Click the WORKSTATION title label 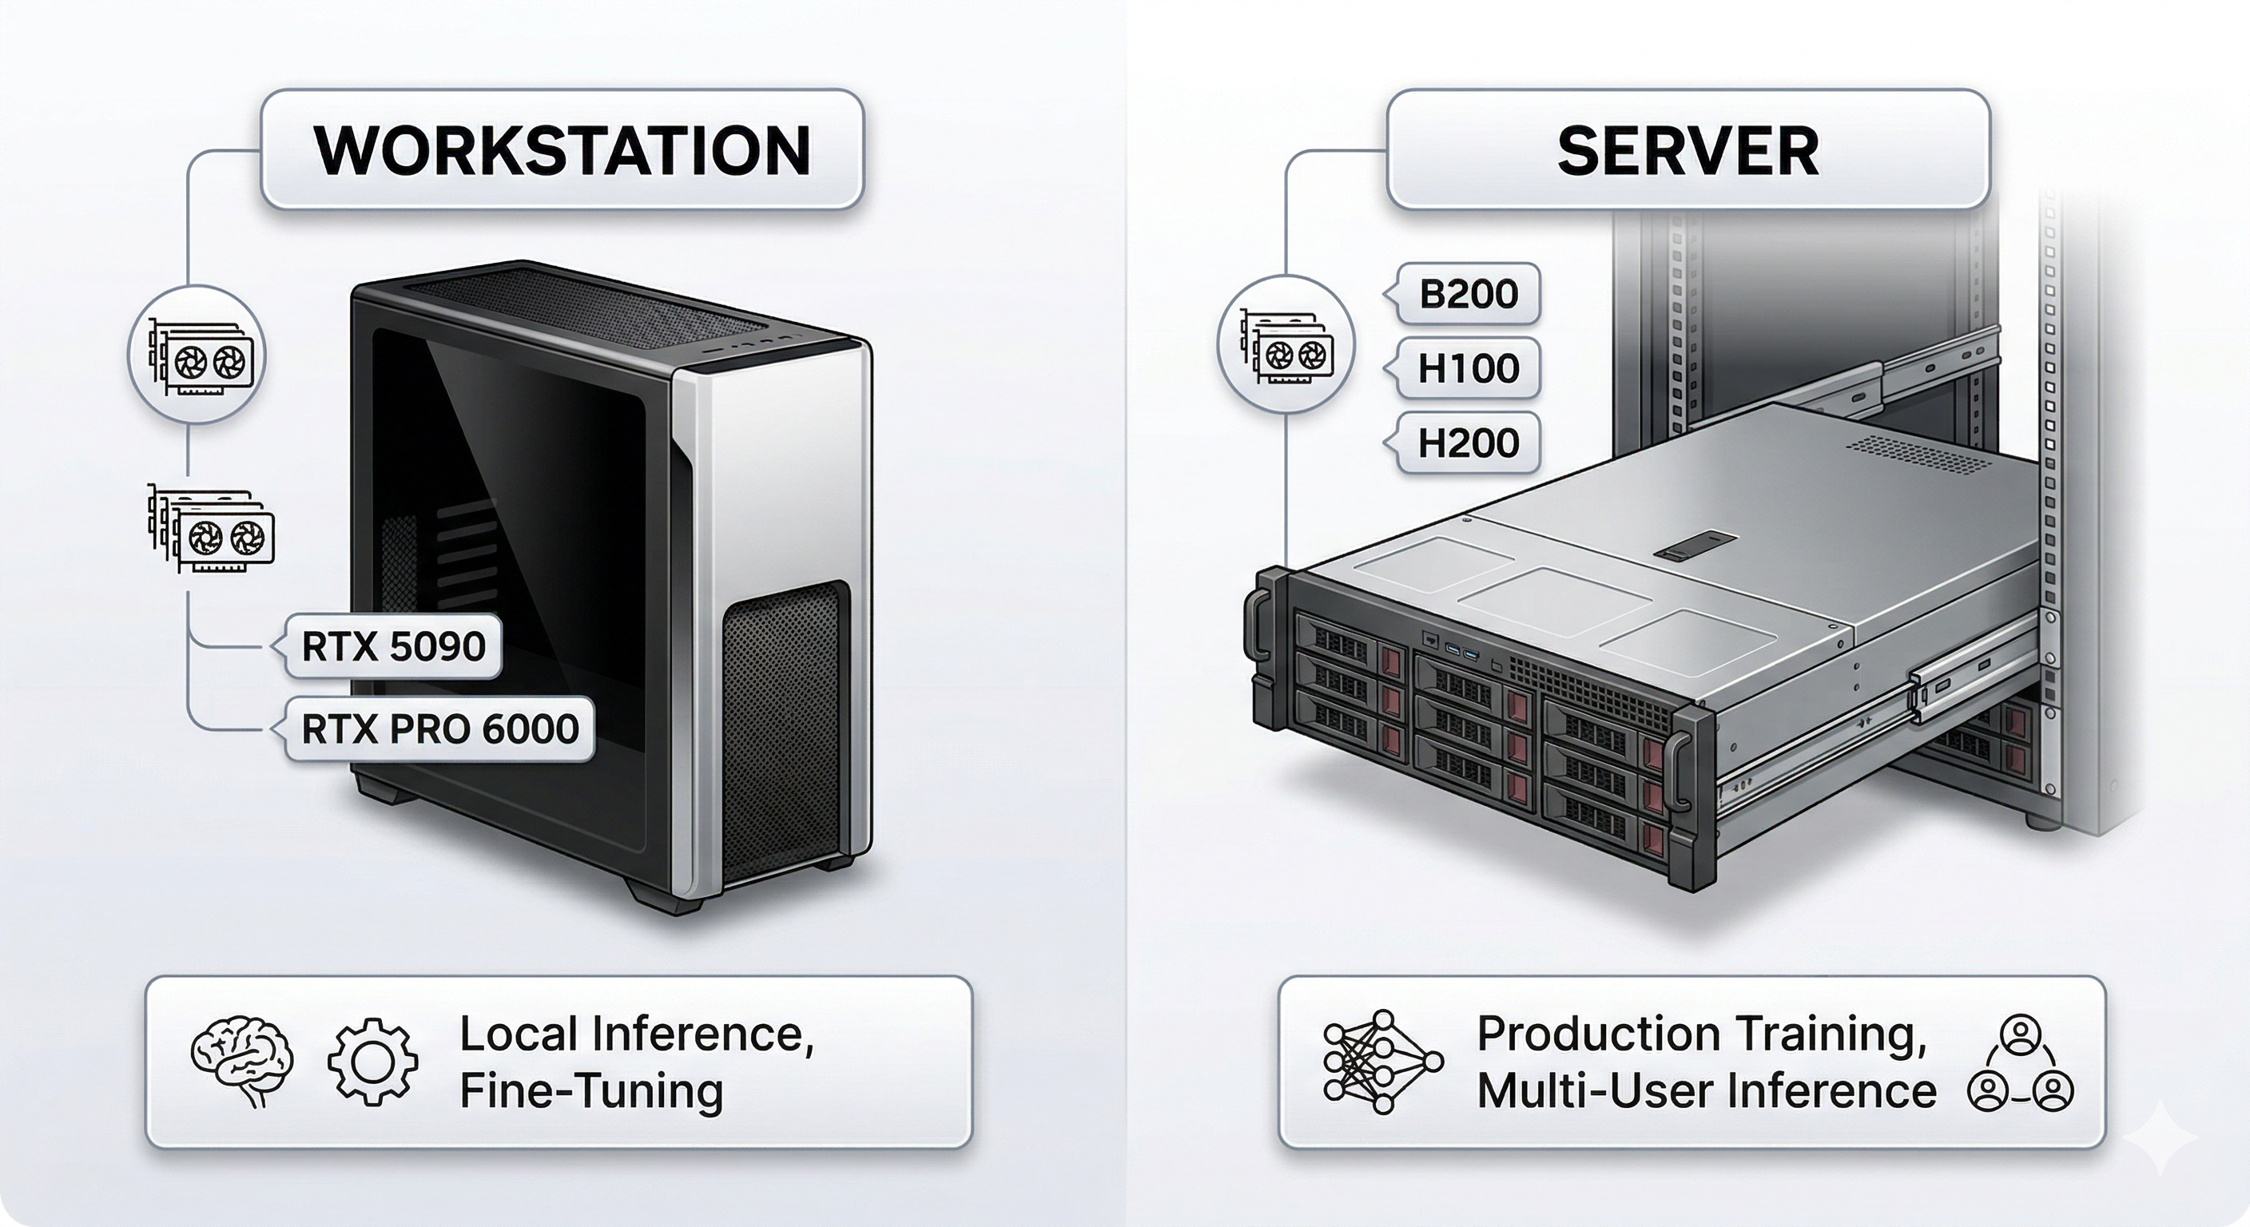[562, 149]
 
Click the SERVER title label [1687, 149]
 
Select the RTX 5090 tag [393, 646]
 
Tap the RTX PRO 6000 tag [439, 729]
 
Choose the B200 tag [1469, 293]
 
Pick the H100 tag [1469, 367]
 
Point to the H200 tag [1469, 443]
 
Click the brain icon [242, 1061]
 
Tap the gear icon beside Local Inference [373, 1061]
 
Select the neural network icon [1382, 1061]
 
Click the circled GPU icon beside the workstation [197, 355]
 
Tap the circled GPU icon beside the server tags [1286, 346]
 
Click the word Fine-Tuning [591, 1092]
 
